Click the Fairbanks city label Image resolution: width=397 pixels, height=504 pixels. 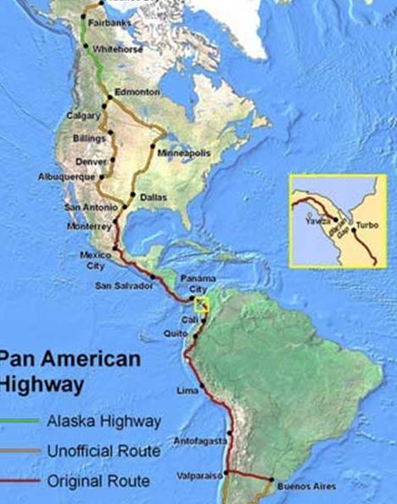pos(109,23)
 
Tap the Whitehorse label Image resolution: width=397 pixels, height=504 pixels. pos(117,49)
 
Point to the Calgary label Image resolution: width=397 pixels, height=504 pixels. pos(82,116)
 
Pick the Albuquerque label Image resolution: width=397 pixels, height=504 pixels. pos(63,177)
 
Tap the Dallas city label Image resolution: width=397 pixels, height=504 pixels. pos(154,196)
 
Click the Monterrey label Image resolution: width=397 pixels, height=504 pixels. pos(89,226)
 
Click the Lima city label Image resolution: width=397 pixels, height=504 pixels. pos(186,389)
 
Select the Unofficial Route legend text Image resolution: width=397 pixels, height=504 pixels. pos(103,450)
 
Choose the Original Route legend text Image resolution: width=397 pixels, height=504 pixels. pos(98,480)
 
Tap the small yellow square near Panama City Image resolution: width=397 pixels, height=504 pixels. pos(202,304)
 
